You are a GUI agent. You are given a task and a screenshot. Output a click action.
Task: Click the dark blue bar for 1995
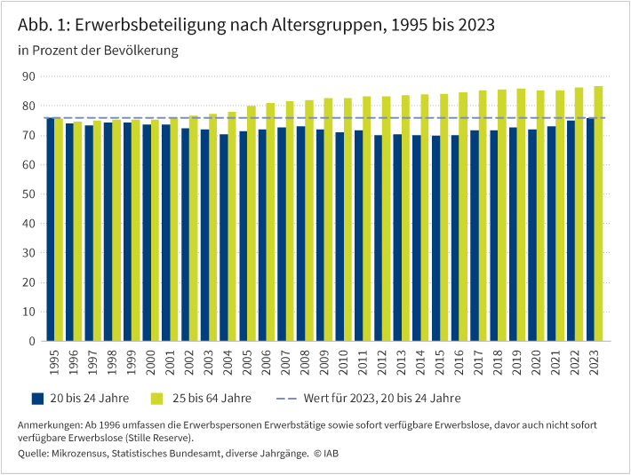[x=50, y=229]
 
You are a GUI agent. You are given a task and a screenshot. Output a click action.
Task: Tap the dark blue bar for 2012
[x=379, y=238]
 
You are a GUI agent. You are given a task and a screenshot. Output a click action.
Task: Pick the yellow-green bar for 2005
[x=252, y=223]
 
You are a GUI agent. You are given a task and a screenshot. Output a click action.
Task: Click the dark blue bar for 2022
[x=571, y=230]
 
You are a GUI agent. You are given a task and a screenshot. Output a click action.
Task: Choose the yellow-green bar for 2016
[x=463, y=217]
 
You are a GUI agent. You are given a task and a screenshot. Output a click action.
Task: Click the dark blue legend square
[x=37, y=398]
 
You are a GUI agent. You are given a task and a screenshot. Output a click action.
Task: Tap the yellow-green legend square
[x=157, y=398]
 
